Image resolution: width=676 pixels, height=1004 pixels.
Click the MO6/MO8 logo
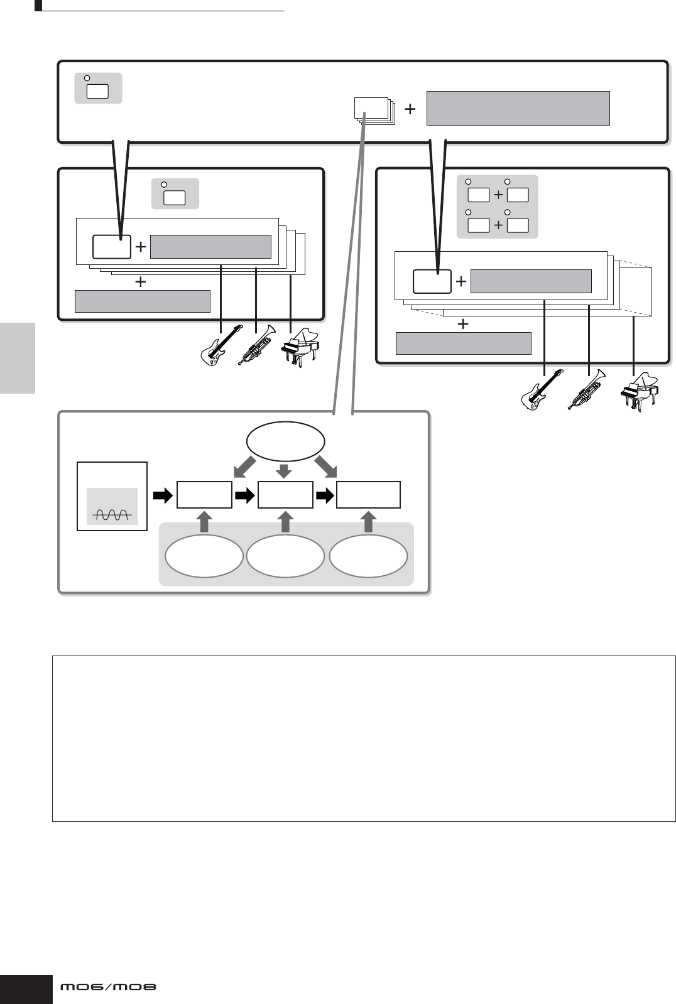[108, 987]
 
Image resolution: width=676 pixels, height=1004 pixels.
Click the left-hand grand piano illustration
[300, 348]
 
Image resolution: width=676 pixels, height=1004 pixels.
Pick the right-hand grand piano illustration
[639, 392]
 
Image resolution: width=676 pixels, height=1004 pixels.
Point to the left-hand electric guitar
[221, 347]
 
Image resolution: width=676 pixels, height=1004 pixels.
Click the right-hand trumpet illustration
[586, 389]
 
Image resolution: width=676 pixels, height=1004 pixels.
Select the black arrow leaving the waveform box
[162, 496]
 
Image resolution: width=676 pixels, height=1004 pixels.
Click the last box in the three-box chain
[368, 495]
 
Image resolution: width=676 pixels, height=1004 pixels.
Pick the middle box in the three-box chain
[285, 495]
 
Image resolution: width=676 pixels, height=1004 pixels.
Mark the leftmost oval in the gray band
[204, 556]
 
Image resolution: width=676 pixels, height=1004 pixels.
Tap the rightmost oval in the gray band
[368, 556]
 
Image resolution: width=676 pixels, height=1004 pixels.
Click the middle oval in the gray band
[285, 556]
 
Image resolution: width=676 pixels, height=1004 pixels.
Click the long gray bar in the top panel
[518, 108]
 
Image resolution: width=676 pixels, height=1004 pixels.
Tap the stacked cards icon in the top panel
[373, 111]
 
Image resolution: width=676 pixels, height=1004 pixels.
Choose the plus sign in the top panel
[410, 109]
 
